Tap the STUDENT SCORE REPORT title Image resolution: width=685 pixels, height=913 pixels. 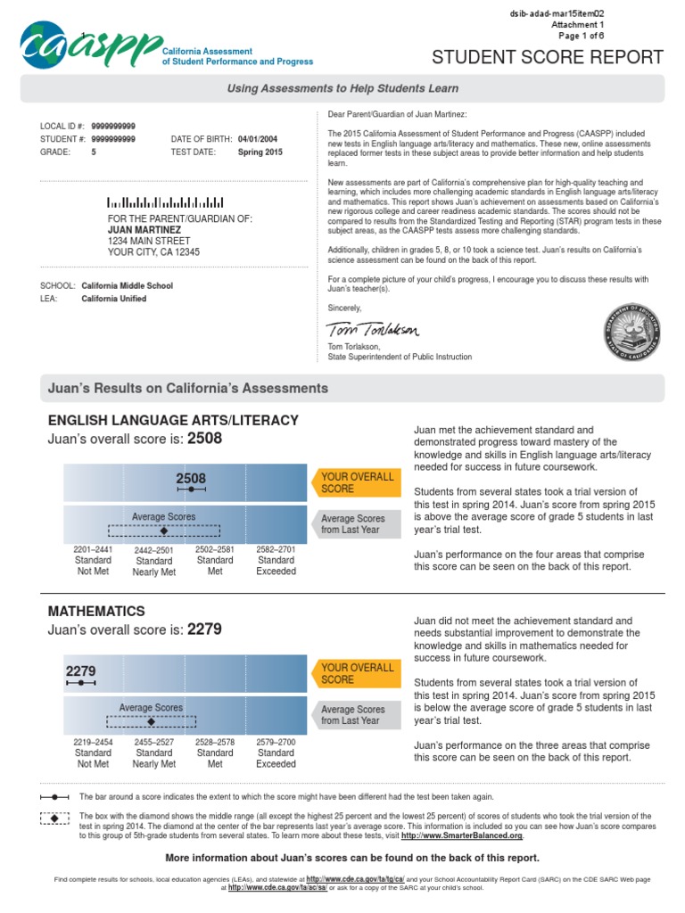click(x=548, y=58)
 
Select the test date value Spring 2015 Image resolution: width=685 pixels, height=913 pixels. click(x=260, y=152)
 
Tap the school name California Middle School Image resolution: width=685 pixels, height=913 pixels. click(x=127, y=286)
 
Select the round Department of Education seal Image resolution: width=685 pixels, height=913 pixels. click(x=631, y=327)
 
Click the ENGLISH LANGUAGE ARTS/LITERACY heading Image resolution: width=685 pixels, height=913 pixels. click(x=172, y=420)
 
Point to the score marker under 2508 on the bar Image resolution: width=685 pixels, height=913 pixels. click(x=191, y=489)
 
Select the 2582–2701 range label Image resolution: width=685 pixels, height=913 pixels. click(x=276, y=550)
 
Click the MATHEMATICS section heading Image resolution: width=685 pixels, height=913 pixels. click(x=95, y=612)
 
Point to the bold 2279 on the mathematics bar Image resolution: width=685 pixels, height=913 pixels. click(x=80, y=670)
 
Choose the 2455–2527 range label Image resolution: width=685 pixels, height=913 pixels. click(x=154, y=742)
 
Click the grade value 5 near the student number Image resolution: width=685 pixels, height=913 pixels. click(x=94, y=152)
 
